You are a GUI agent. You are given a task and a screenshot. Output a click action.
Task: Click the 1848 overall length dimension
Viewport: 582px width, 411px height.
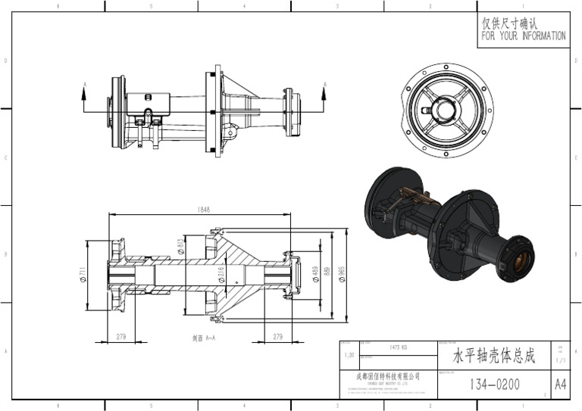(x=203, y=210)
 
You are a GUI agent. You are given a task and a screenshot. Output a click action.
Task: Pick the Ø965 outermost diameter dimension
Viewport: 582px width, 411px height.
(x=342, y=275)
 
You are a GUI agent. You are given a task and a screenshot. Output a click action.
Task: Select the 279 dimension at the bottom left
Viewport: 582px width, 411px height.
(x=120, y=336)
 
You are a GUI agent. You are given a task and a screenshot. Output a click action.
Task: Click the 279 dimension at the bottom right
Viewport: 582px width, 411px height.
(x=277, y=336)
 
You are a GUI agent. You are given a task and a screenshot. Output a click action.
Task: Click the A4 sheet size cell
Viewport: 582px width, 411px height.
(x=560, y=385)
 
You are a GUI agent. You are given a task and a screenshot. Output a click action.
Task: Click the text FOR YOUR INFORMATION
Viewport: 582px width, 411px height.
(x=523, y=36)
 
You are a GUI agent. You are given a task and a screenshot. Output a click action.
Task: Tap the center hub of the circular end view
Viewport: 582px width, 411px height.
(x=446, y=109)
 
